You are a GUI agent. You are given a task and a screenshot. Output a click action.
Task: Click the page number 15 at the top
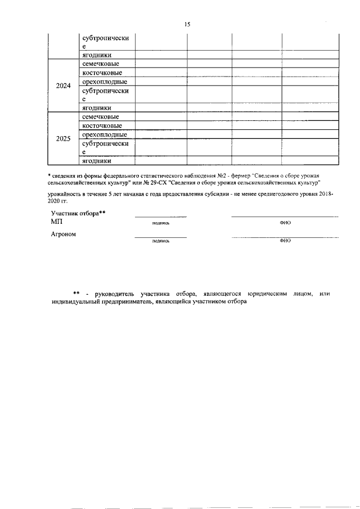click(x=187, y=24)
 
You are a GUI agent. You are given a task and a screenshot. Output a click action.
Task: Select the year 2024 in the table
click(x=63, y=86)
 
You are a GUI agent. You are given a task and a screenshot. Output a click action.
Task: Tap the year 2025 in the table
click(x=63, y=138)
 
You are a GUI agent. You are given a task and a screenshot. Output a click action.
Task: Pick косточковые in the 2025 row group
click(x=102, y=125)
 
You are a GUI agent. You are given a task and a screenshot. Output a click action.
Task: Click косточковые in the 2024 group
click(x=102, y=73)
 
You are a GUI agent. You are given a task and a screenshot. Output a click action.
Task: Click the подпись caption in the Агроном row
click(x=160, y=241)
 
